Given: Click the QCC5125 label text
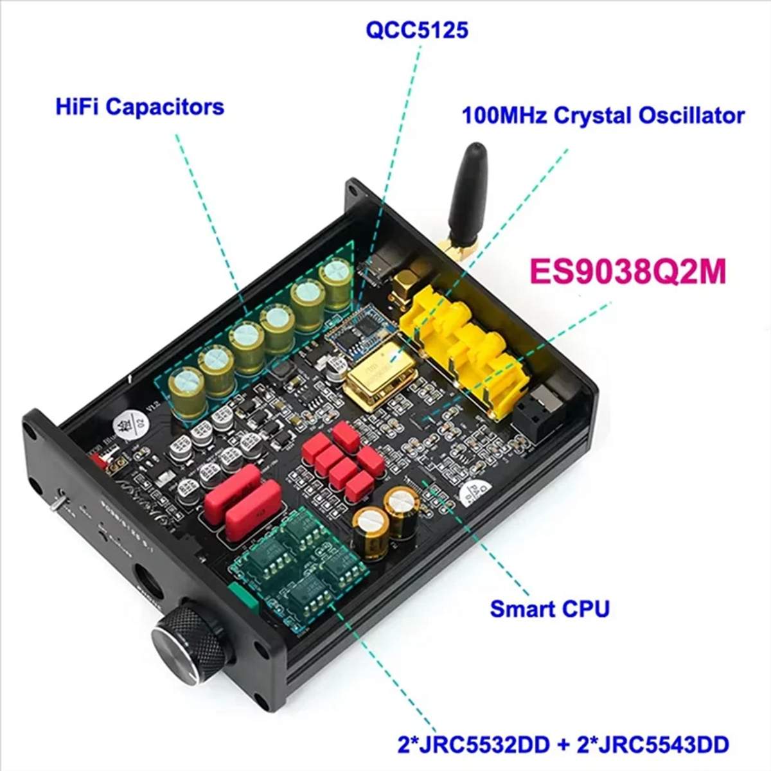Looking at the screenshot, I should click(x=416, y=30).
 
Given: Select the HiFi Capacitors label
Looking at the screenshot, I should click(x=140, y=106).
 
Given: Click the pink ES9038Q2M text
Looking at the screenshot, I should click(x=627, y=272).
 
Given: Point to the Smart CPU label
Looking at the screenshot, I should click(x=549, y=608).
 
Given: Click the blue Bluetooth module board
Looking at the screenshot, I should click(x=357, y=334).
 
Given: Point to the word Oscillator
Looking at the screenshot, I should click(x=692, y=116).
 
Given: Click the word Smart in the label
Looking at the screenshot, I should click(x=520, y=608).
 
